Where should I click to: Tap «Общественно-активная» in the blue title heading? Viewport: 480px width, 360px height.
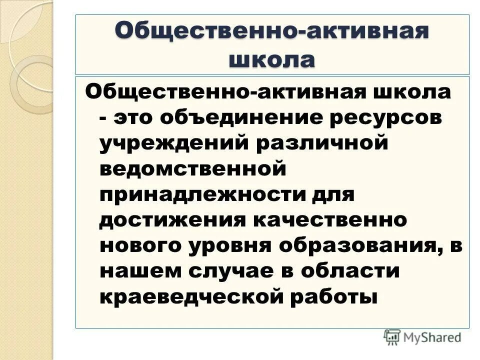(x=272, y=31)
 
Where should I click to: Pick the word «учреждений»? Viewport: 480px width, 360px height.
(x=175, y=143)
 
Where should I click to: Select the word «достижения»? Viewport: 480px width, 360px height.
(x=173, y=220)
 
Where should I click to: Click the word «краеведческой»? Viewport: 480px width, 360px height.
(x=192, y=297)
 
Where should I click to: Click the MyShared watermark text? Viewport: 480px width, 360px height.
(x=433, y=337)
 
